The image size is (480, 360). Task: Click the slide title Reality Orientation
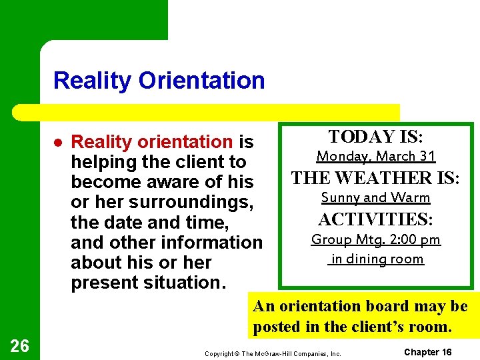(159, 81)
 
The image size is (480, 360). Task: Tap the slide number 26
(19, 345)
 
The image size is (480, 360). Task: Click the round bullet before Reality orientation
(58, 142)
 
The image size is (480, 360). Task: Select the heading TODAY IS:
(375, 137)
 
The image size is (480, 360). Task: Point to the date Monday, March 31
(375, 157)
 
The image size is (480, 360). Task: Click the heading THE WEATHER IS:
(375, 178)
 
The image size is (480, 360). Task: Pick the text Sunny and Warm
(375, 198)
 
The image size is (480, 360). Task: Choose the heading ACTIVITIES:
(375, 219)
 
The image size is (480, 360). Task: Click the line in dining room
(375, 259)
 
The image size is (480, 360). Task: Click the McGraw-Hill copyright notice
(273, 353)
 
